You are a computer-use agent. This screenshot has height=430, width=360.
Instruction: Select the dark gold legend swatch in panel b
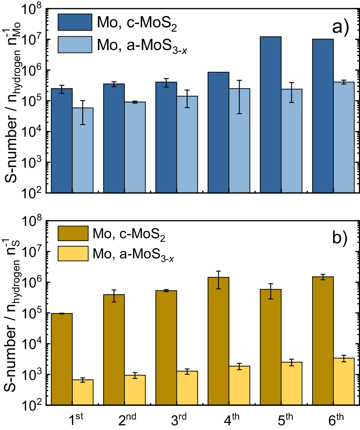coord(75,234)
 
